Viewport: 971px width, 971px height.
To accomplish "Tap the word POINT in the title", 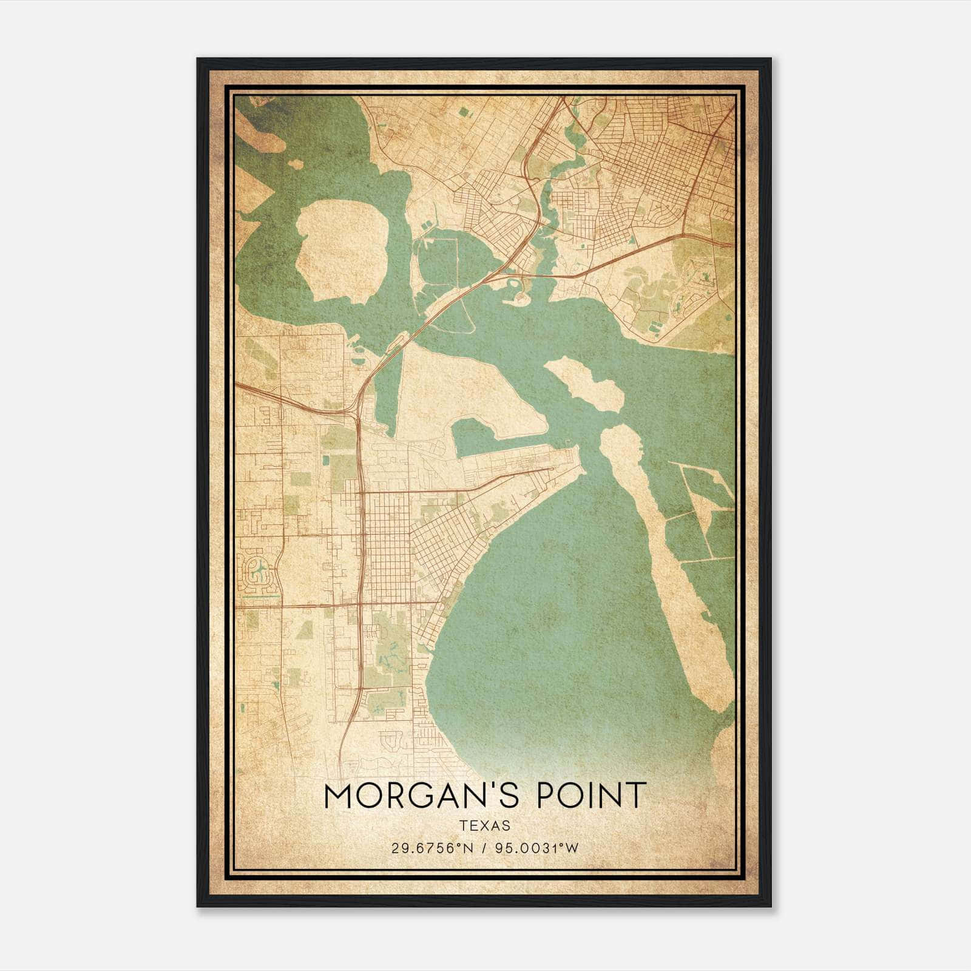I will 590,796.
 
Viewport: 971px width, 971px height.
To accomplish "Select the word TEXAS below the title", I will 484,826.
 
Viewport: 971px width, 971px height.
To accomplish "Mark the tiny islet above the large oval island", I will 296,164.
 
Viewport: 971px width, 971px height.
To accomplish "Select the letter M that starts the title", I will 339,796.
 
